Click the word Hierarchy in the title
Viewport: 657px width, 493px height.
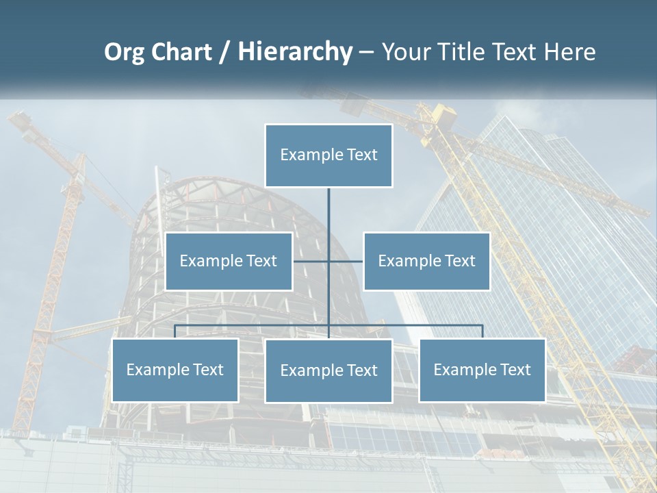click(x=294, y=52)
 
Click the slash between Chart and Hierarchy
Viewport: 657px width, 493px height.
click(x=224, y=52)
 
